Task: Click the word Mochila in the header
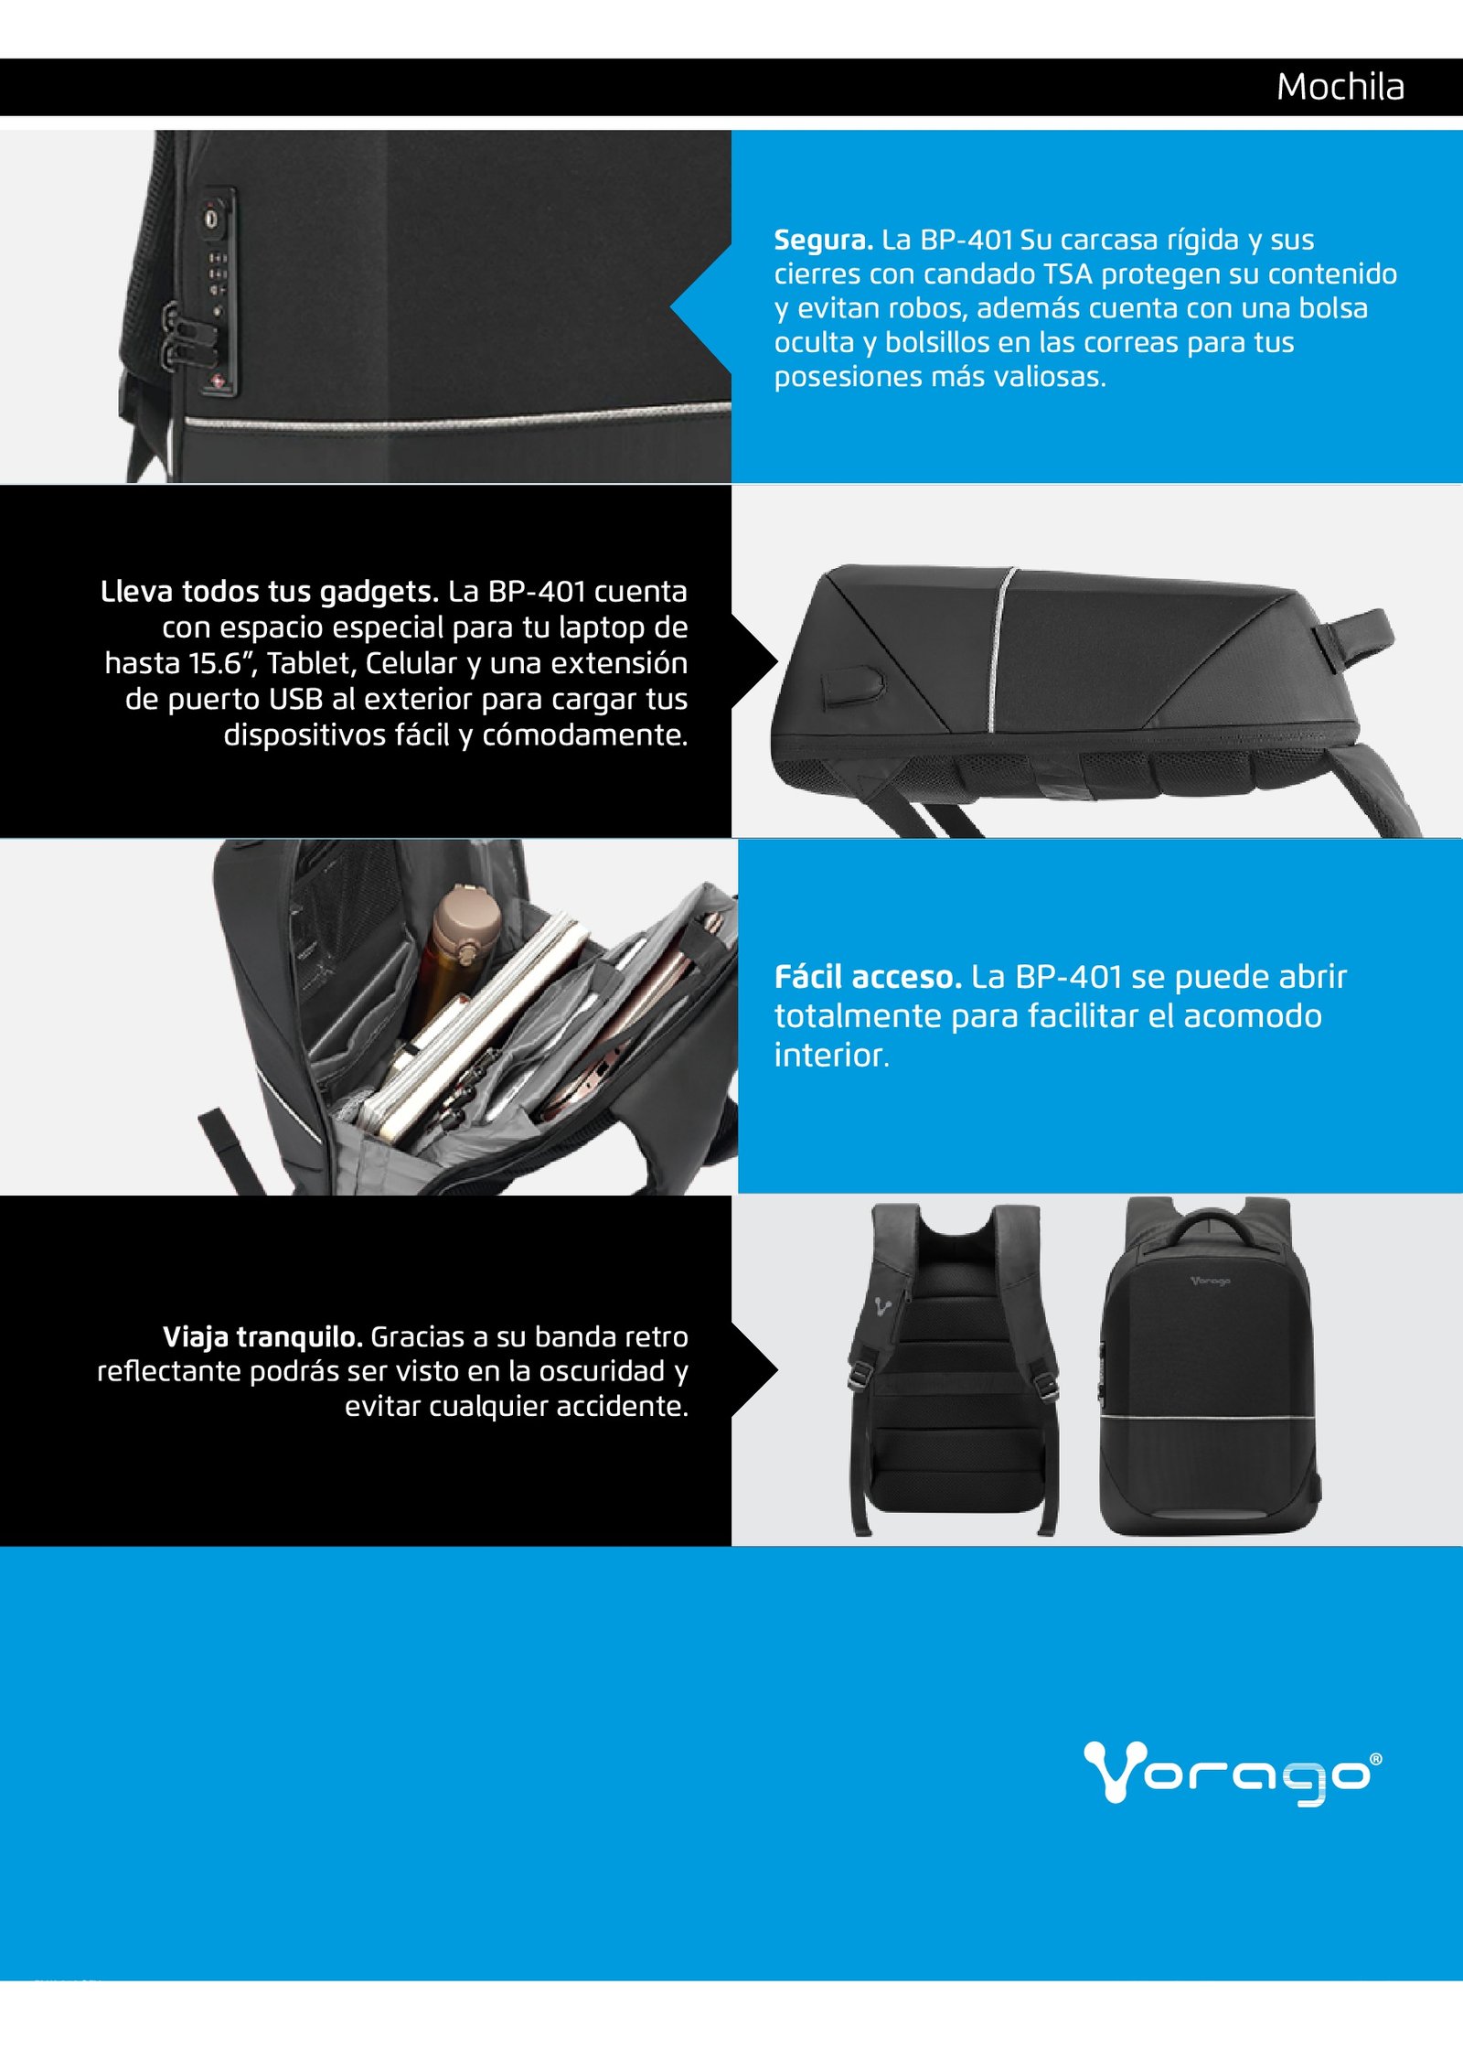(x=1340, y=88)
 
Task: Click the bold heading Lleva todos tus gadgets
(x=270, y=593)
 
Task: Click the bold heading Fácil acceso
(x=868, y=977)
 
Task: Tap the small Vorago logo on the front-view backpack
(x=1210, y=1281)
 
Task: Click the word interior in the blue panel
(x=832, y=1056)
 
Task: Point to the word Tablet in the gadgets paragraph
(x=312, y=663)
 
